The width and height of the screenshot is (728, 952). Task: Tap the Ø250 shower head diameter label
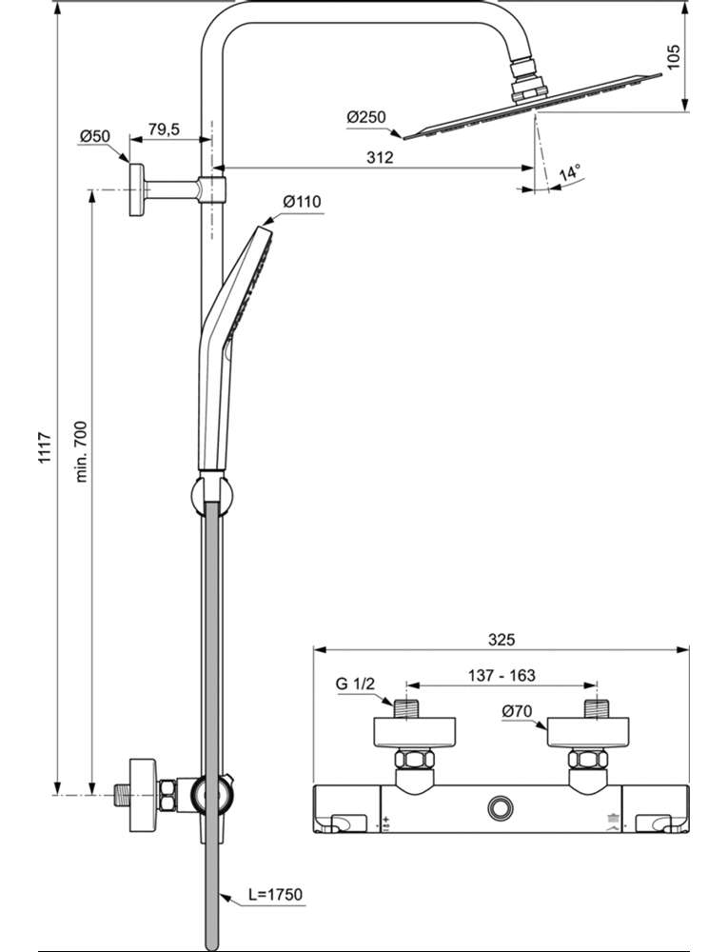coord(366,116)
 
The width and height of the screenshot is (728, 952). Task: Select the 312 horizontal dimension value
coord(380,157)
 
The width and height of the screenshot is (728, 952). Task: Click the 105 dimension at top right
coord(675,56)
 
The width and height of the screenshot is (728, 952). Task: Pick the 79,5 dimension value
coord(164,129)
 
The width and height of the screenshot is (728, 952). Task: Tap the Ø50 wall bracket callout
coord(94,136)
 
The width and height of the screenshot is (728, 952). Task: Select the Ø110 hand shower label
coord(302,201)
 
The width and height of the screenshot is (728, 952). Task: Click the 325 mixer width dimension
coord(502,640)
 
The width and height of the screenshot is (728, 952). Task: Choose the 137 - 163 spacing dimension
coord(502,675)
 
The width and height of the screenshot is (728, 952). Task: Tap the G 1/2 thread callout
coord(356,684)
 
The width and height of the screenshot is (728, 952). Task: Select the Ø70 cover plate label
coord(517,711)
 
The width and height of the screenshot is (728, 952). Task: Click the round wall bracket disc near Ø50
coord(136,189)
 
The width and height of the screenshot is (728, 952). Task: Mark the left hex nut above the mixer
coord(415,760)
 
